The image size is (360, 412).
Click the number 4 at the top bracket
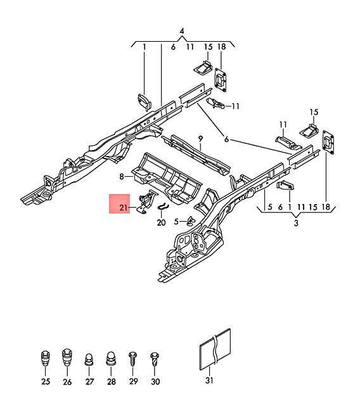(x=182, y=31)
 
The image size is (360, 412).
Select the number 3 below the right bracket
(x=296, y=223)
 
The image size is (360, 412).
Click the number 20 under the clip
(x=162, y=223)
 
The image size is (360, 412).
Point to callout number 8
(x=122, y=177)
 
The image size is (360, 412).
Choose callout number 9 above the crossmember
(x=201, y=139)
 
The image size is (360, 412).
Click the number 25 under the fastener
(x=46, y=382)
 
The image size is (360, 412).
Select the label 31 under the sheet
(x=209, y=380)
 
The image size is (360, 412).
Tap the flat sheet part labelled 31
(x=215, y=349)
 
